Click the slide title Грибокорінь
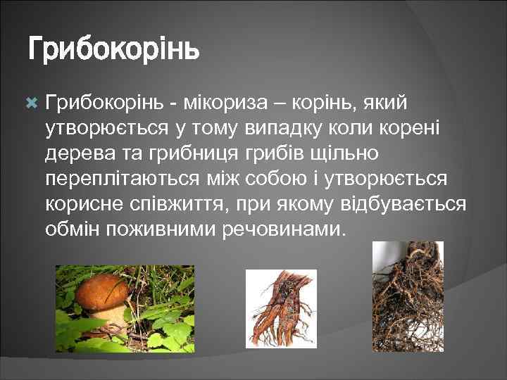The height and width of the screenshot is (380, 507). (x=113, y=51)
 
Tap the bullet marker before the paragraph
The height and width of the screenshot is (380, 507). (x=31, y=103)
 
